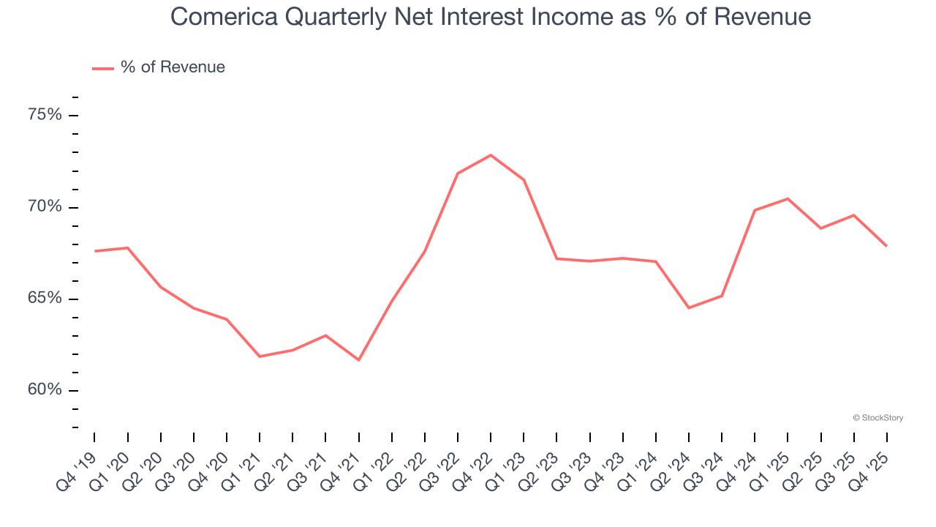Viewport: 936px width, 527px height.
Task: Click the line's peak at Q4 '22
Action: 491,155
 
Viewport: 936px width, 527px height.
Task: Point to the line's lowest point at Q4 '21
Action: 358,360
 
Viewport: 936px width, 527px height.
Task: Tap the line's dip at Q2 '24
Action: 689,307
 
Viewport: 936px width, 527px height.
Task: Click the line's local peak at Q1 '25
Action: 788,198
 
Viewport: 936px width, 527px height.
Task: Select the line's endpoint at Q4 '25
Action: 887,246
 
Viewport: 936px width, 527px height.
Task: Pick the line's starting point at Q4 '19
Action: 95,251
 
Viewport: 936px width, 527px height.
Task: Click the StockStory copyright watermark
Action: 877,418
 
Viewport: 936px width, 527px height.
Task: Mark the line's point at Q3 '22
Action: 458,173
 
